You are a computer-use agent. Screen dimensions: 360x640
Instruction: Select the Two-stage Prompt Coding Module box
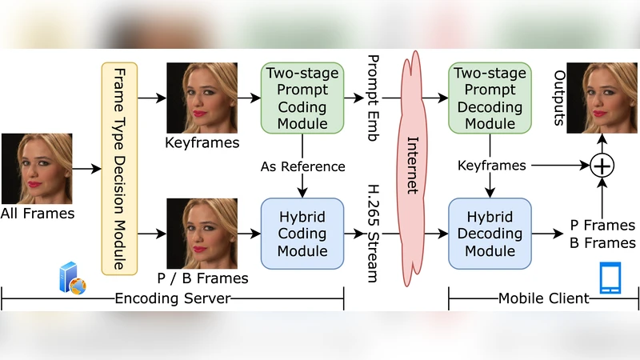[302, 98]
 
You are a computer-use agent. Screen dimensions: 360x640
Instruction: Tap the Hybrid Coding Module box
[302, 234]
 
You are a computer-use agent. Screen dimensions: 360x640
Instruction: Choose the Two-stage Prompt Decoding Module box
[490, 98]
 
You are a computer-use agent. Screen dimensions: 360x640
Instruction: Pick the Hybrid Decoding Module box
[490, 234]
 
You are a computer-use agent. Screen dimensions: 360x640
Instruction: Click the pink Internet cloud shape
[413, 168]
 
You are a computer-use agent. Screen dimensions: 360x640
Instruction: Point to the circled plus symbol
[601, 166]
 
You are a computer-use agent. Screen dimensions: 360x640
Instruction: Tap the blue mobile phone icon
[610, 278]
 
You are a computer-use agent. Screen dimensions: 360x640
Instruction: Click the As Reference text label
[302, 166]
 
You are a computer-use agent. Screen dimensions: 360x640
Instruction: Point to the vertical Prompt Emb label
[372, 98]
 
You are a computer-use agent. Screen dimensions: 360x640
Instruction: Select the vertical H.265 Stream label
[372, 233]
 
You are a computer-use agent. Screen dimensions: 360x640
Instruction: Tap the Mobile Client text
[544, 299]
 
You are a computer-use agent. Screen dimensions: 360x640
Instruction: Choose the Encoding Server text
[173, 299]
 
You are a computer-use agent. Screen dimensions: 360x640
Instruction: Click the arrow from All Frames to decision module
[86, 170]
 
